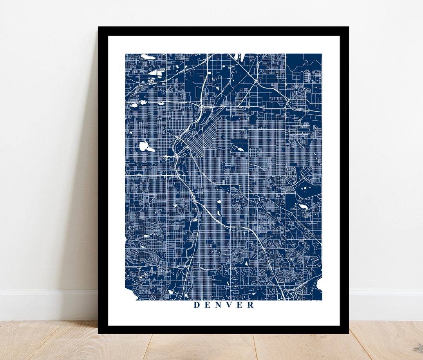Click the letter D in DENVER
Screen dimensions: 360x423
[197, 305]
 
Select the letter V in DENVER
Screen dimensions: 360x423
[230, 305]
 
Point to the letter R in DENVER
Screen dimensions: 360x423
[251, 305]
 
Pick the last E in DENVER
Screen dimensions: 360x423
[240, 305]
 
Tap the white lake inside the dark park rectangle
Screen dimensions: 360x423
[238, 148]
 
